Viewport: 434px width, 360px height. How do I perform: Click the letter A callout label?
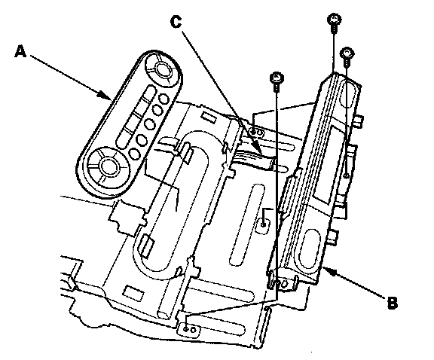pos(20,52)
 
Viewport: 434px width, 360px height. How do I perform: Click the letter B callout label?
pos(392,303)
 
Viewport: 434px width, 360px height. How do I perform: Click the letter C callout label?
pos(176,22)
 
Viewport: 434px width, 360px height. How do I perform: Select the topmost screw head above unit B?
pos(335,20)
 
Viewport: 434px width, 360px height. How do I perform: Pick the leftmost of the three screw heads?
pos(277,78)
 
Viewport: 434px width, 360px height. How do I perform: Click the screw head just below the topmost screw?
pos(347,53)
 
